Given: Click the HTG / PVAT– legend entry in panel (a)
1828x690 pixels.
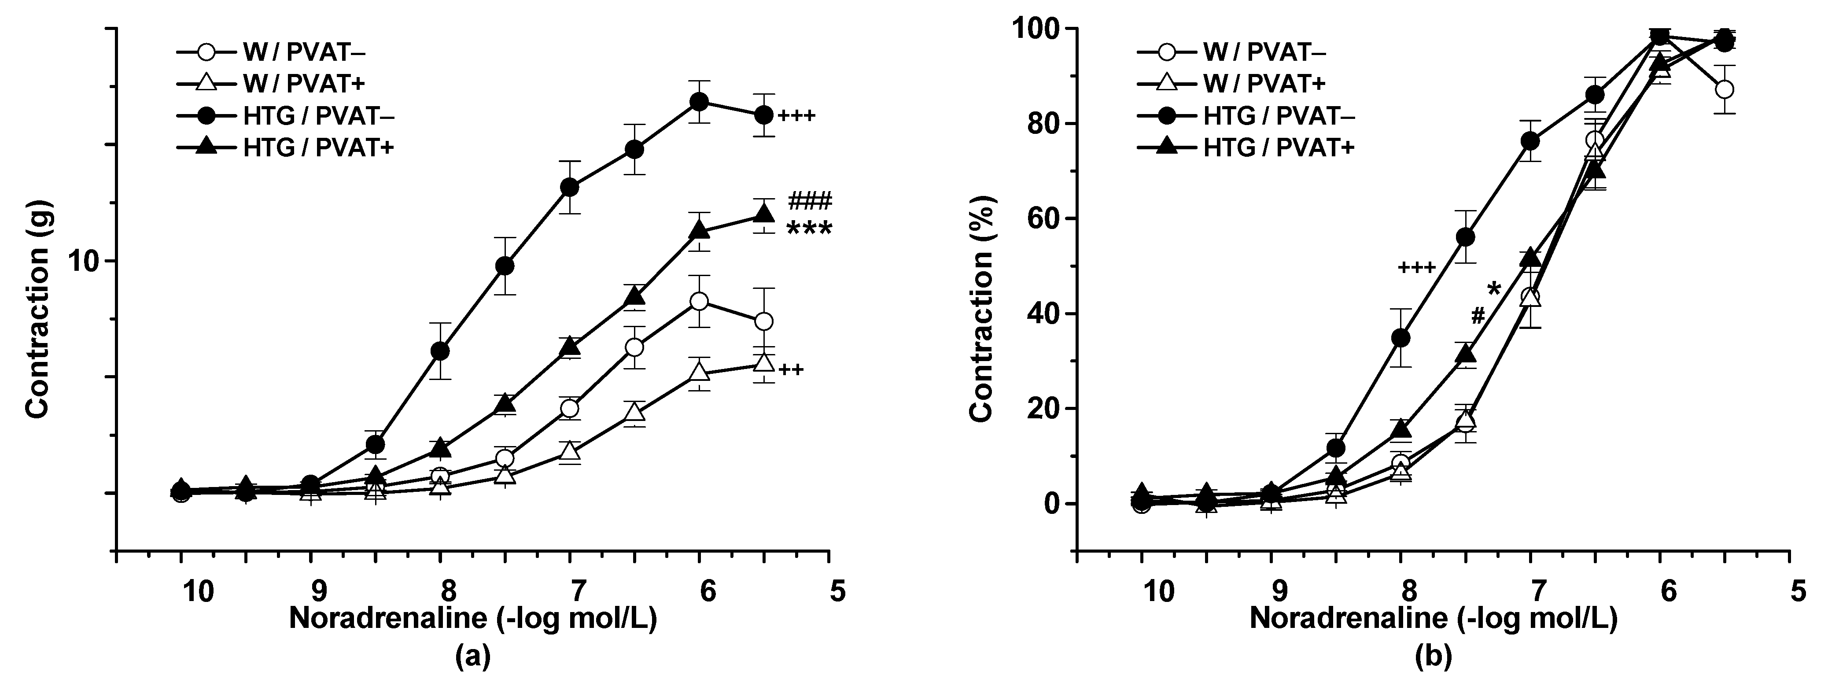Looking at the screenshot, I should pyautogui.click(x=284, y=116).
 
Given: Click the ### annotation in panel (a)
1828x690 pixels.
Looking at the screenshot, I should pyautogui.click(x=809, y=201).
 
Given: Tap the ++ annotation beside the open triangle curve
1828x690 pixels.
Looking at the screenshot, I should pyautogui.click(x=791, y=369).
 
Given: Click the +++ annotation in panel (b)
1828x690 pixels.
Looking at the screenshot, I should pyautogui.click(x=1416, y=268).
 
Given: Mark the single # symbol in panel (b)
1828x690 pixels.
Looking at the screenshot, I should pyautogui.click(x=1478, y=315).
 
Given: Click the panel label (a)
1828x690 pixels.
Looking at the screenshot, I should pyautogui.click(x=472, y=657).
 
